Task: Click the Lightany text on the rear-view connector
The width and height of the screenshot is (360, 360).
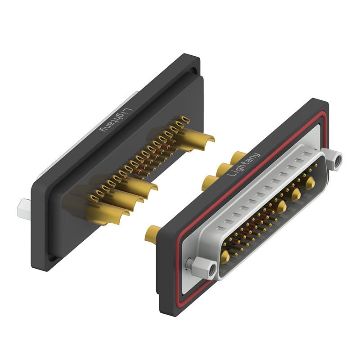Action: pyautogui.click(x=115, y=120)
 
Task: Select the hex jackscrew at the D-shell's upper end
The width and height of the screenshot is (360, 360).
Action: pyautogui.click(x=335, y=160)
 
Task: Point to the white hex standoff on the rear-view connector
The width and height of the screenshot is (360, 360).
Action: pyautogui.click(x=23, y=207)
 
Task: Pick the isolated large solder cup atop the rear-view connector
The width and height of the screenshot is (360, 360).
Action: pyautogui.click(x=200, y=135)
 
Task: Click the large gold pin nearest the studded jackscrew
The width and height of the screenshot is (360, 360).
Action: pyautogui.click(x=225, y=256)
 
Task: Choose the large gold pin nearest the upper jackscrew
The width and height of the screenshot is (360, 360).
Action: pyautogui.click(x=310, y=182)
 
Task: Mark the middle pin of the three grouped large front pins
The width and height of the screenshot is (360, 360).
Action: pyautogui.click(x=296, y=194)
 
